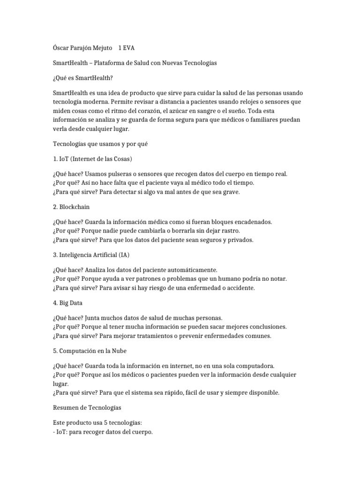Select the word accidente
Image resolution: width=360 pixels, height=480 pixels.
[238, 288]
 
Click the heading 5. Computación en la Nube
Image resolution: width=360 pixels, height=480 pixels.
[90, 351]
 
